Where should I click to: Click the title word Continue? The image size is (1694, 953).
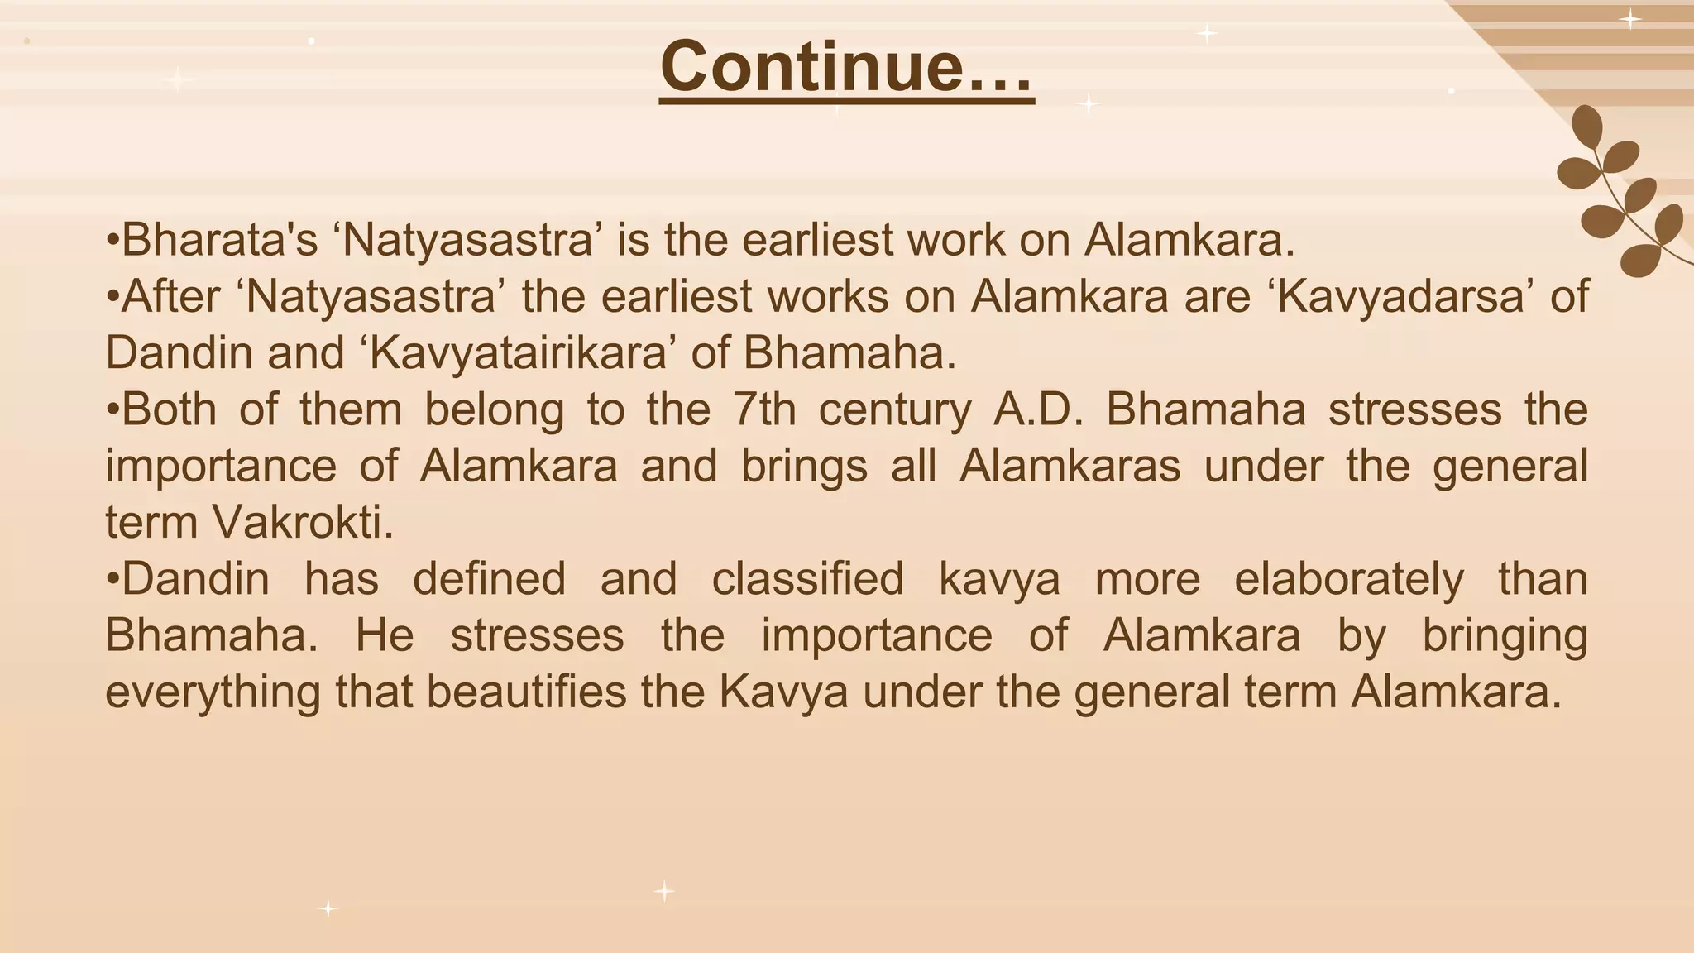click(846, 67)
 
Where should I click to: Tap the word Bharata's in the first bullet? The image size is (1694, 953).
click(220, 241)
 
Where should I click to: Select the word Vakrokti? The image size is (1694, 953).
click(303, 522)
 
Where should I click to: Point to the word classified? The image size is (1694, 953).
click(807, 578)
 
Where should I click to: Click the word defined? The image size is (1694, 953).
click(489, 578)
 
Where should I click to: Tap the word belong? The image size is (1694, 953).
click(494, 409)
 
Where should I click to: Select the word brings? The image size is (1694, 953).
click(804, 466)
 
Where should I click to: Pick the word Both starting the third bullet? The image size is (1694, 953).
click(169, 409)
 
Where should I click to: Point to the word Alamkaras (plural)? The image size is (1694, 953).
click(1070, 466)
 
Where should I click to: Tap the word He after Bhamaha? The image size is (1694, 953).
click(385, 635)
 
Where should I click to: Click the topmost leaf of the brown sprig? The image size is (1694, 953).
click(1586, 127)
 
